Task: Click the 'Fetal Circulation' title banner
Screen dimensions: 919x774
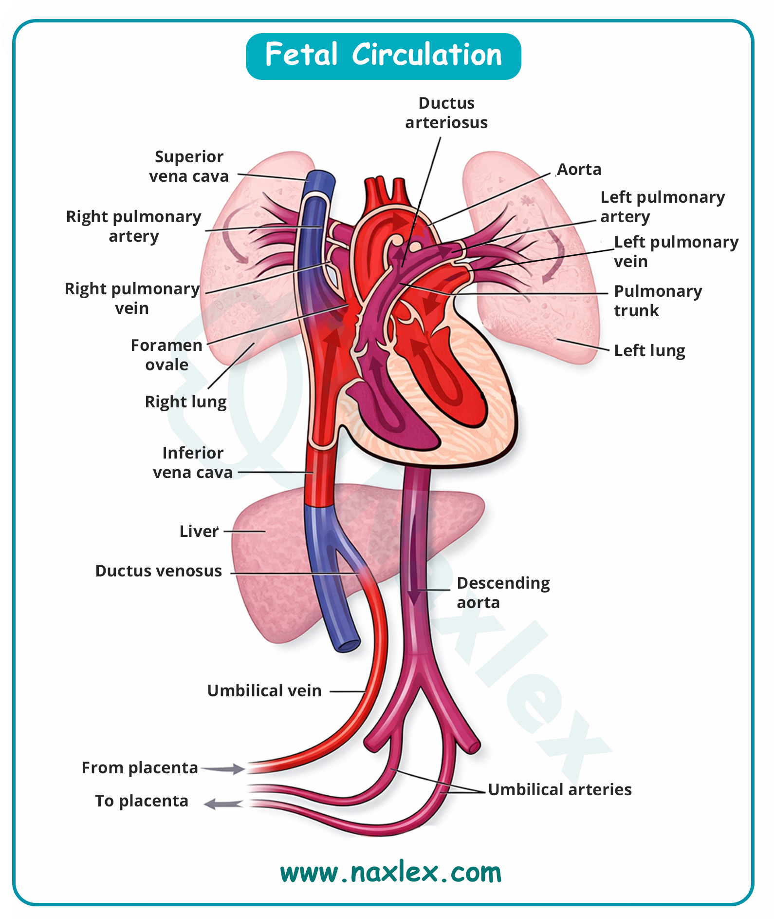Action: pos(383,56)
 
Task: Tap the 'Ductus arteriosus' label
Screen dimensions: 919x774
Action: pos(446,113)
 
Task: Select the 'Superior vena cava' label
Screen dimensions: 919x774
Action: pos(189,167)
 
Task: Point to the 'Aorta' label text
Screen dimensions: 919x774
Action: pos(579,170)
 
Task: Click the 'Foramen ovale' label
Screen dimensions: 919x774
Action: pos(166,355)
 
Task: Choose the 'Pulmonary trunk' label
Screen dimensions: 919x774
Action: pos(657,301)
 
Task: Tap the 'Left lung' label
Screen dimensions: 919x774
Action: pos(649,351)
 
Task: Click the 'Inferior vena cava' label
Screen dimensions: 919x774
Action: pos(193,463)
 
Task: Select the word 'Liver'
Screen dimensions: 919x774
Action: pos(199,532)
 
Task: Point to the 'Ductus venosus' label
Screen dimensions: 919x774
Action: pos(159,571)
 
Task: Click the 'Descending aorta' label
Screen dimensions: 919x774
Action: pos(503,593)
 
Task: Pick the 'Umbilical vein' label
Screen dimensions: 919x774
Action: pos(264,691)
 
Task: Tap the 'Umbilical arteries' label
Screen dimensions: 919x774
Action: pos(560,790)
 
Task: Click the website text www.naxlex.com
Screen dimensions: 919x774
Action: pos(391,873)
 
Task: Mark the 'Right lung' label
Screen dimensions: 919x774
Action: pos(186,402)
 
